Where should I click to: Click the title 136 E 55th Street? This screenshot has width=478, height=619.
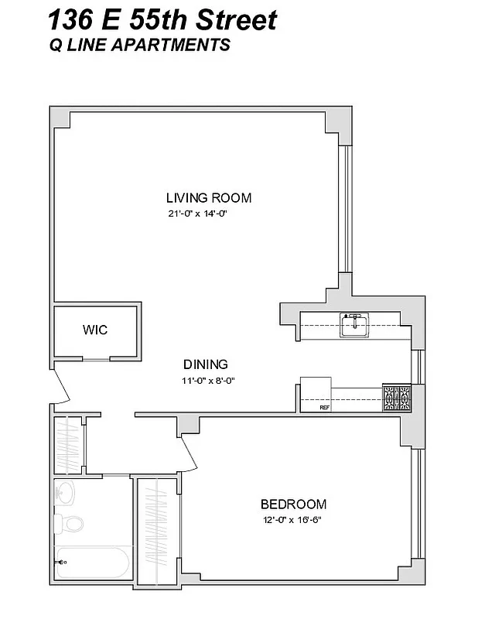(162, 19)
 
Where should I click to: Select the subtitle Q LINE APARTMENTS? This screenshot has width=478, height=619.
(139, 46)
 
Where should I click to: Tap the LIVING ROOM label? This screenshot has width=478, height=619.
(209, 197)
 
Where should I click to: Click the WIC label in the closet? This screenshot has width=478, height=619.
(95, 330)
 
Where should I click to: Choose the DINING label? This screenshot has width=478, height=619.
(205, 364)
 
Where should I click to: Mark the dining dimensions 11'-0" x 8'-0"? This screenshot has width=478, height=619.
(207, 380)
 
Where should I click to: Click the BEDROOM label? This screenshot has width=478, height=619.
(293, 504)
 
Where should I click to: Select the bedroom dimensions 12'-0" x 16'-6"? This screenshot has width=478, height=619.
(290, 520)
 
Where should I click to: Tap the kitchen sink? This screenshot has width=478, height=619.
(355, 324)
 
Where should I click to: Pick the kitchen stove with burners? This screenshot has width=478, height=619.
(398, 398)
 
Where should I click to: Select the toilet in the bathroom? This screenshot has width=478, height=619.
(72, 525)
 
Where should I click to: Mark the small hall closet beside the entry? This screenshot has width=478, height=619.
(69, 446)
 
